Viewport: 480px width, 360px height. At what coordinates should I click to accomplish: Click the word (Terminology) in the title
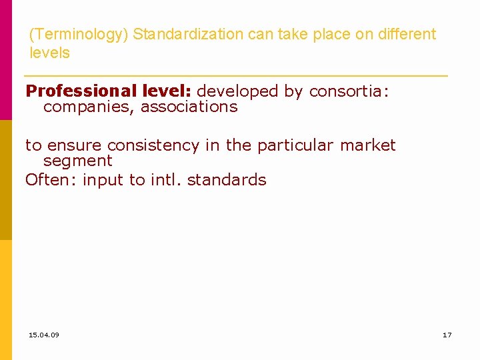(x=79, y=34)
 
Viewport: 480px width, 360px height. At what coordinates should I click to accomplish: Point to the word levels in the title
(x=49, y=53)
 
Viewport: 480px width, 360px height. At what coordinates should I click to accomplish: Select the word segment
(x=77, y=161)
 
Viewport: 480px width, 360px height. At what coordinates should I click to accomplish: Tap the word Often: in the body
(x=51, y=179)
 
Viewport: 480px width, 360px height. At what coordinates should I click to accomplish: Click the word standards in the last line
(x=227, y=179)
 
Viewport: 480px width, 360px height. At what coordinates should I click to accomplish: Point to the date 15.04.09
(x=44, y=335)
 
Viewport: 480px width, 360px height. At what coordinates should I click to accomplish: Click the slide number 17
(x=447, y=335)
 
